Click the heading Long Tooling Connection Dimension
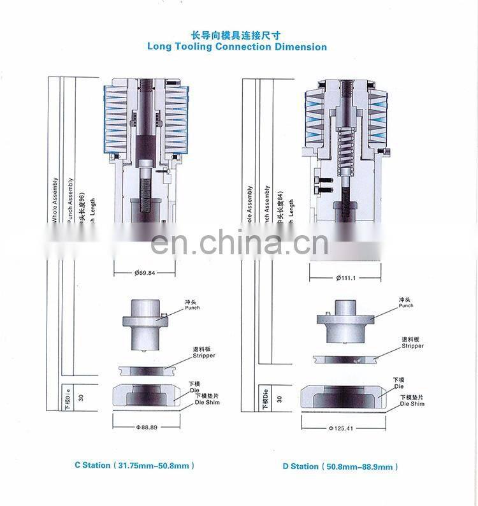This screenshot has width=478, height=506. [237, 47]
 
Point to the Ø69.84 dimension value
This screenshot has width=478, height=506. [145, 273]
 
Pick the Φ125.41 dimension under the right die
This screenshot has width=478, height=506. [341, 428]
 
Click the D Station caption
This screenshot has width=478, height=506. [340, 466]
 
